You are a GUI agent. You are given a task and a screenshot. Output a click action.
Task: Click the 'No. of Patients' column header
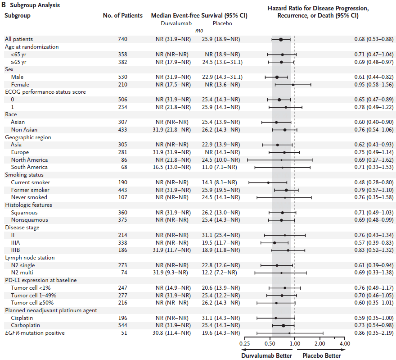[122, 15]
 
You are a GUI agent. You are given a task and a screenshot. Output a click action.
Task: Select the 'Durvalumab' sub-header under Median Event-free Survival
[173, 23]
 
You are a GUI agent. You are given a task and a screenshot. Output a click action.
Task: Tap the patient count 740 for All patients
[122, 39]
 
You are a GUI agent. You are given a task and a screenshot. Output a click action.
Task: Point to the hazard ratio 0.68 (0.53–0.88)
[373, 39]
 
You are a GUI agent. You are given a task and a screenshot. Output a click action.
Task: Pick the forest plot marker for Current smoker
[268, 182]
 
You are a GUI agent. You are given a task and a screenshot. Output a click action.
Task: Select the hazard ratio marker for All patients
[281, 39]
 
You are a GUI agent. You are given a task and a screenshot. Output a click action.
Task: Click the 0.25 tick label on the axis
[244, 344]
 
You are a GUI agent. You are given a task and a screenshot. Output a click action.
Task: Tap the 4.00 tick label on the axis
[345, 344]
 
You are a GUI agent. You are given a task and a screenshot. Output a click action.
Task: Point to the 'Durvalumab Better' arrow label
[266, 355]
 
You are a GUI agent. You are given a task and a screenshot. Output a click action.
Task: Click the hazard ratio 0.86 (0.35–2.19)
[373, 333]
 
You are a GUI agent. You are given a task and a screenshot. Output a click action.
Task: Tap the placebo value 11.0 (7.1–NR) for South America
[219, 167]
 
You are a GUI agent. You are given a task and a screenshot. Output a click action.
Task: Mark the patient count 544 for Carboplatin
[122, 325]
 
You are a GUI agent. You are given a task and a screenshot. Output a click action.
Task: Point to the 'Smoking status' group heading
[24, 175]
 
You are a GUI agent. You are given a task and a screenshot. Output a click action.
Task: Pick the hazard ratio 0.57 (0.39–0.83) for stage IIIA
[373, 242]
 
